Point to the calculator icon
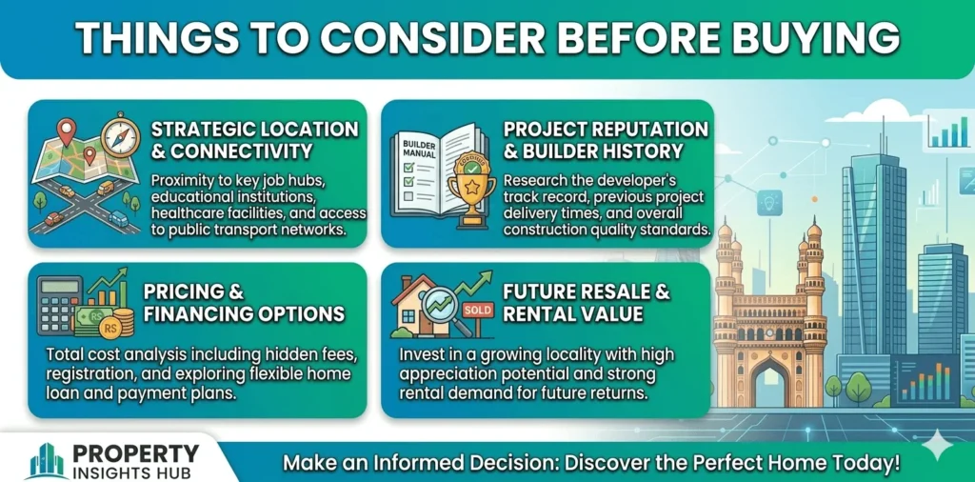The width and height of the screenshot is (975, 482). pyautogui.click(x=59, y=305)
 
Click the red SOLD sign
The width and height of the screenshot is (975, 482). pyautogui.click(x=478, y=309)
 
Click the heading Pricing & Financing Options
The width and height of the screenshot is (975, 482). pyautogui.click(x=245, y=302)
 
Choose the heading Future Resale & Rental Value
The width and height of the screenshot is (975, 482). pyautogui.click(x=587, y=302)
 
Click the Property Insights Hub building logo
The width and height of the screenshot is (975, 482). pyautogui.click(x=47, y=461)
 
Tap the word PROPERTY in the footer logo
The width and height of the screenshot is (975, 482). pyautogui.click(x=137, y=452)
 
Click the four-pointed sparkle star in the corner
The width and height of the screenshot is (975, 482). pyautogui.click(x=936, y=445)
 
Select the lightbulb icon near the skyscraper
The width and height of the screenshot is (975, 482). pyautogui.click(x=768, y=203)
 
